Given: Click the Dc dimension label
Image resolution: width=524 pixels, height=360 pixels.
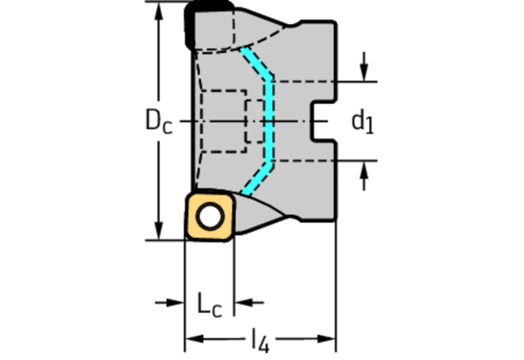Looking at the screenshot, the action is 159,121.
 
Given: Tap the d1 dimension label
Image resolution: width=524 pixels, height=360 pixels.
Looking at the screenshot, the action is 363,123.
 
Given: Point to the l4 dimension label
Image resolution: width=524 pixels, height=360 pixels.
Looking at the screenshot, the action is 260,340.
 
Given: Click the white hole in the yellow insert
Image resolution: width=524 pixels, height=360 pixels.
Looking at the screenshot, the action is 210,216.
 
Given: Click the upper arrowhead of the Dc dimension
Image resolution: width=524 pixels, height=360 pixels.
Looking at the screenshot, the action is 159,11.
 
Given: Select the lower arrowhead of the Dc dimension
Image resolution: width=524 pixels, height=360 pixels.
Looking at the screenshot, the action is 159,231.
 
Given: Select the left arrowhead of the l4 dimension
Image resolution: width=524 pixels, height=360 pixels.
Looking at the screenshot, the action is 194,339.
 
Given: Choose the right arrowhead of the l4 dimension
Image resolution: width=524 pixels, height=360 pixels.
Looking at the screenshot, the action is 326,339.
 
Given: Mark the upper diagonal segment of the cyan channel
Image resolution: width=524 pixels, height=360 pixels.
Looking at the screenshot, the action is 257,64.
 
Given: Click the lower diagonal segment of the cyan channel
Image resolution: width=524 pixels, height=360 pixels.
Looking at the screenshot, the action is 257,178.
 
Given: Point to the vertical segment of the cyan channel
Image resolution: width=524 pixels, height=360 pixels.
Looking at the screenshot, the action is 269,121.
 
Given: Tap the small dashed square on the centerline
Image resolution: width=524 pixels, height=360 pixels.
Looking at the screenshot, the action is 255,121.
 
